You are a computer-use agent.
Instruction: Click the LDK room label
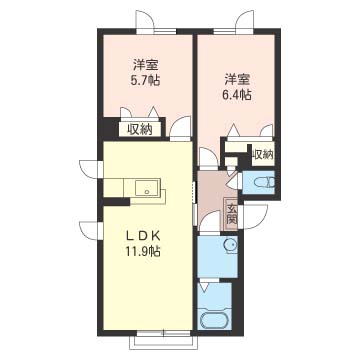143,236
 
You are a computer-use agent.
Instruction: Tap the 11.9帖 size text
143,251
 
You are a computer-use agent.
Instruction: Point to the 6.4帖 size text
237,95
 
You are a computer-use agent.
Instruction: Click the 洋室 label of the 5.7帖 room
145,65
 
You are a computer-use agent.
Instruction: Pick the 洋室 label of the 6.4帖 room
237,80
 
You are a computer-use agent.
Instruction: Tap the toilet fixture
265,183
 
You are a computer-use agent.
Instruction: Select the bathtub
215,320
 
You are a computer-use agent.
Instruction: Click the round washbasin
230,245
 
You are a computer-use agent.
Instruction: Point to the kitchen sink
147,187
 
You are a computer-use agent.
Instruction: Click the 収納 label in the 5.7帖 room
140,129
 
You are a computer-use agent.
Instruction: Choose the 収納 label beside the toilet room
263,154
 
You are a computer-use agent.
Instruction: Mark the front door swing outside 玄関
255,217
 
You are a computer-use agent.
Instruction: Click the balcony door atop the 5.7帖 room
145,21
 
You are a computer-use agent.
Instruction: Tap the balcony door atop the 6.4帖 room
245,21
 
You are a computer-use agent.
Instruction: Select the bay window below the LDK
164,340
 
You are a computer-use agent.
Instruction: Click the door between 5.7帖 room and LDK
180,129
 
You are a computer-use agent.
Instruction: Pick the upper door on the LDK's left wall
90,169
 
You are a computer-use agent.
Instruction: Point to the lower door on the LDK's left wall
90,230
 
